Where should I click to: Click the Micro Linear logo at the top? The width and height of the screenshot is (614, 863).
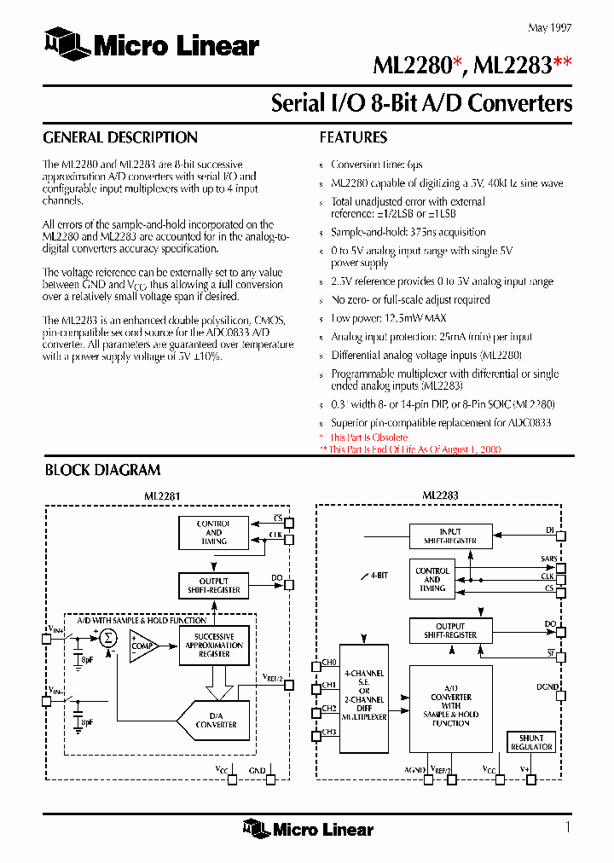coord(152,45)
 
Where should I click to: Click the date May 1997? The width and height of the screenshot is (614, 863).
coord(550,27)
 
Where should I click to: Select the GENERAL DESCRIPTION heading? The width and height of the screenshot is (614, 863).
coord(120,137)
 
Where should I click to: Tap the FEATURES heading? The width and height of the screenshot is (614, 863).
coord(353,137)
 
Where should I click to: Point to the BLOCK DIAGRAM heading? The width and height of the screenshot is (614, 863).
coord(102,469)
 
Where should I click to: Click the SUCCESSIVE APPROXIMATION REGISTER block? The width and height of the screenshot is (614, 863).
coord(214,646)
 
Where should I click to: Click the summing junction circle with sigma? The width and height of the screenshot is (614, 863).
coord(107,636)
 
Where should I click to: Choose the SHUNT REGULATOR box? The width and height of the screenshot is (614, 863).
coord(531,742)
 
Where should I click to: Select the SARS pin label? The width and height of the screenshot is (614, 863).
coord(548,558)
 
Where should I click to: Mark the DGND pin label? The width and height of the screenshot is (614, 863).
coord(547,686)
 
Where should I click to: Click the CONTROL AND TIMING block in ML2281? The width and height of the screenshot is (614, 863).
coord(213,532)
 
